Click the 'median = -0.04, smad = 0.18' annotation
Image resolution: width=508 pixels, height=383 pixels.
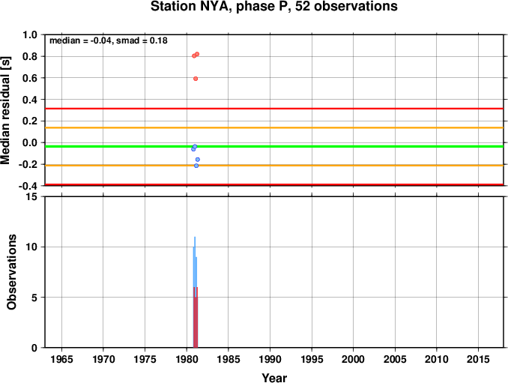click(108, 40)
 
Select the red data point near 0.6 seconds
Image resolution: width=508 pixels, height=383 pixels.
click(196, 79)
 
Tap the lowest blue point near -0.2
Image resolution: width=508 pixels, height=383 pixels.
click(196, 166)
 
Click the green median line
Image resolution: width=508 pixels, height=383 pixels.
click(274, 146)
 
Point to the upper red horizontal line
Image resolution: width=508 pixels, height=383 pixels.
click(274, 109)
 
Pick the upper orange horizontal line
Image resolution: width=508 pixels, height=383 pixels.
click(274, 127)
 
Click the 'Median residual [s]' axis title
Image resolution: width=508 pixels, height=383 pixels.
click(5, 110)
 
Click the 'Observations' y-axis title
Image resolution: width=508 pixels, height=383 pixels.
click(12, 272)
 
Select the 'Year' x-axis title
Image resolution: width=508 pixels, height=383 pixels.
click(274, 378)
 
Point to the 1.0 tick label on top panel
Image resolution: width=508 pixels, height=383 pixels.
click(29, 34)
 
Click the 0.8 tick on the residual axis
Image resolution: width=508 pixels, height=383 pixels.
click(29, 56)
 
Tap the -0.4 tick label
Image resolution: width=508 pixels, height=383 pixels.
click(28, 186)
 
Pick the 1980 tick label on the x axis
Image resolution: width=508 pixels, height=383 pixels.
click(187, 359)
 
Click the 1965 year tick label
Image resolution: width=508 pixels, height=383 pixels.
click(62, 359)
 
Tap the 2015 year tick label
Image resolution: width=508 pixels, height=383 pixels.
click(478, 359)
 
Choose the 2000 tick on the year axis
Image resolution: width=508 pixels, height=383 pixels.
click(353, 359)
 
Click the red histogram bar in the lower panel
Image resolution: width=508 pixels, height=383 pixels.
click(196, 318)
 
